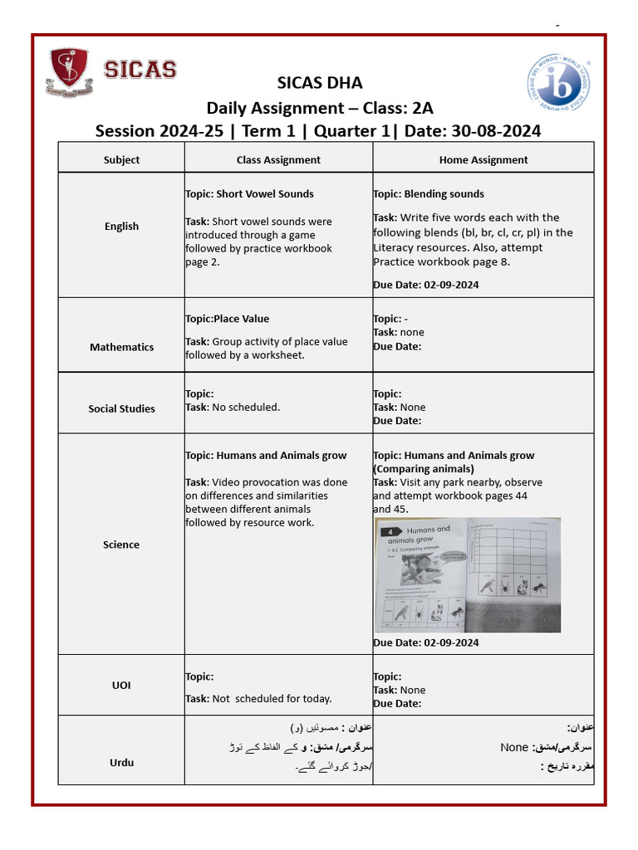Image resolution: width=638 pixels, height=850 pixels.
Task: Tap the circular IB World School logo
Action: [558, 83]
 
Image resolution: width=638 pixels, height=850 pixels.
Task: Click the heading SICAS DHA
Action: [319, 83]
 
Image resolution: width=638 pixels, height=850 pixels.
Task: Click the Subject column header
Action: [121, 159]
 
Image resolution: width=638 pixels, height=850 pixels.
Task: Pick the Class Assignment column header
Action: [278, 159]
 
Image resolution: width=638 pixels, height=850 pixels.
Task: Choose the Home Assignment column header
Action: [483, 159]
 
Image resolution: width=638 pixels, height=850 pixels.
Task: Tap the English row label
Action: [121, 226]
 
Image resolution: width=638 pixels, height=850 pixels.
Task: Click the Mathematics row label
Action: [121, 347]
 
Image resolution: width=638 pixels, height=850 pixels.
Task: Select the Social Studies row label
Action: [121, 408]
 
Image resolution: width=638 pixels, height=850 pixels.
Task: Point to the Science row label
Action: [121, 545]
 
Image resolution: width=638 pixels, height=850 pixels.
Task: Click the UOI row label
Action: [121, 686]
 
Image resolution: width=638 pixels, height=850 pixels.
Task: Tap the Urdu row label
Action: [121, 762]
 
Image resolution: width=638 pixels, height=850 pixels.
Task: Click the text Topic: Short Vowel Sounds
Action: [249, 194]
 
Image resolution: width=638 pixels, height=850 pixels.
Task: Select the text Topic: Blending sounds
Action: [429, 194]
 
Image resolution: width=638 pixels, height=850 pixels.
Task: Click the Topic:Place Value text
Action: [227, 319]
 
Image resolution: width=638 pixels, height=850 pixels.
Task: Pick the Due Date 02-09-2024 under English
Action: [426, 285]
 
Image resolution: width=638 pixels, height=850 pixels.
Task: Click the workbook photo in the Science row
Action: [467, 574]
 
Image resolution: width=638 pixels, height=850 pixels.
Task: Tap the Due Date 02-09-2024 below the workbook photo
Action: [426, 642]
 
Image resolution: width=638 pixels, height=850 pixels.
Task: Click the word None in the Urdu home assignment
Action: [514, 747]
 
